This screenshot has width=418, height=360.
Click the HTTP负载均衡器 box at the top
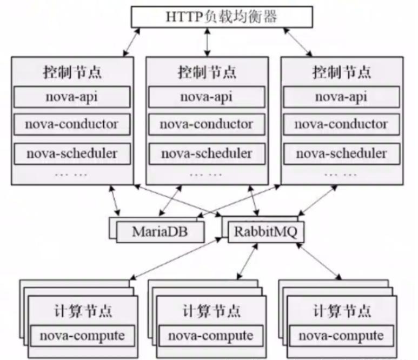(x=222, y=17)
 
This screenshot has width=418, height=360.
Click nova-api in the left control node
(x=71, y=97)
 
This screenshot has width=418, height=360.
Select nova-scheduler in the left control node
(x=71, y=153)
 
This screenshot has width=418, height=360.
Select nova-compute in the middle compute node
(x=210, y=336)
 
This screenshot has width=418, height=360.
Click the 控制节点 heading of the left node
(x=71, y=71)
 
